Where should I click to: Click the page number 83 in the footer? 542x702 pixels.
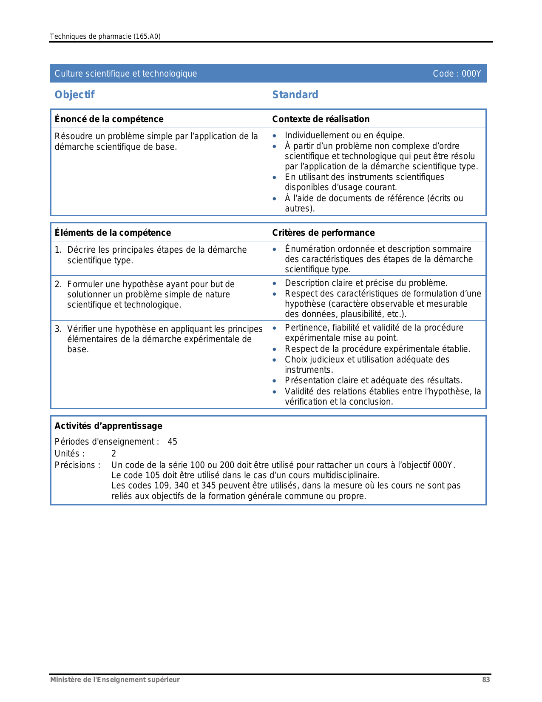[486, 680]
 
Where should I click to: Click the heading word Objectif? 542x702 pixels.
[74, 95]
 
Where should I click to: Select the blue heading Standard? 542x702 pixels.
[295, 95]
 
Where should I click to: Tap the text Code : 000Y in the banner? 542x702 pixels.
[457, 74]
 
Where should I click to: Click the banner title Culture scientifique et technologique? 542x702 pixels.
[126, 74]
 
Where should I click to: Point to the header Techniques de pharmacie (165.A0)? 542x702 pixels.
[105, 37]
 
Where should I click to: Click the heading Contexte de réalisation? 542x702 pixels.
[321, 119]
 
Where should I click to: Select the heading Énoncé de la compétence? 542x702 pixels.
[109, 119]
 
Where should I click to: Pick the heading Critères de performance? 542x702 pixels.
[323, 233]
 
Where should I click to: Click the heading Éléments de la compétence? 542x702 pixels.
[113, 233]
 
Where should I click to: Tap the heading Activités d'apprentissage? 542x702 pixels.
[108, 426]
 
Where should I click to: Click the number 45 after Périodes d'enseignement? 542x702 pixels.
[172, 442]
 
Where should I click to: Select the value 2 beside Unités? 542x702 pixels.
[114, 454]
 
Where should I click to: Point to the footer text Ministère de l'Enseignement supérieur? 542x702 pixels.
[115, 680]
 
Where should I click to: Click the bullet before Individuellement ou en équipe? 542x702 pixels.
[275, 136]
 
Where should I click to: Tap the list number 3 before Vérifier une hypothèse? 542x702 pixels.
[57, 329]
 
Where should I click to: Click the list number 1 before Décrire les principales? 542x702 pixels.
[57, 250]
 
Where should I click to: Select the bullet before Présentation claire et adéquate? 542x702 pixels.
[275, 381]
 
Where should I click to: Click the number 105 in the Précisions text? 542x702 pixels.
[153, 475]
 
